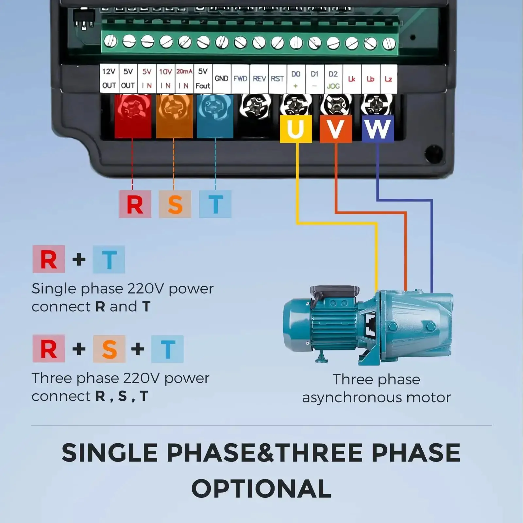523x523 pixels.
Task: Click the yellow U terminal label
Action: click(296, 129)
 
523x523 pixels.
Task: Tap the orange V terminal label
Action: click(336, 129)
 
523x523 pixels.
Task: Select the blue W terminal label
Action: click(378, 129)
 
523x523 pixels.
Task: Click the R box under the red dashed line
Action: click(135, 204)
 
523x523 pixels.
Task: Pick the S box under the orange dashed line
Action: click(175, 204)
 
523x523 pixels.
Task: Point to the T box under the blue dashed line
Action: click(215, 204)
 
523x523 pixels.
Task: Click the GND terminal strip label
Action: click(222, 79)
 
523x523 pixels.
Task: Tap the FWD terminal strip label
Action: click(240, 79)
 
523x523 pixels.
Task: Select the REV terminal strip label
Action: click(259, 79)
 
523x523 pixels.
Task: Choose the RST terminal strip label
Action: click(278, 79)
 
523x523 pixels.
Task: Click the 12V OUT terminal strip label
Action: click(109, 78)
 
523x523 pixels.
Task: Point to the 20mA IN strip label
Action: click(184, 78)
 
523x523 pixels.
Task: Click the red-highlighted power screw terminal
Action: click(133, 116)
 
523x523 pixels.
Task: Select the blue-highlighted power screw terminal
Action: click(215, 116)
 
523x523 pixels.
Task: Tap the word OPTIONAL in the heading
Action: click(261, 489)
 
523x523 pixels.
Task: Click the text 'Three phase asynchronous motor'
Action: click(376, 389)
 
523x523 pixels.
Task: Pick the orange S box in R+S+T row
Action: click(109, 349)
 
